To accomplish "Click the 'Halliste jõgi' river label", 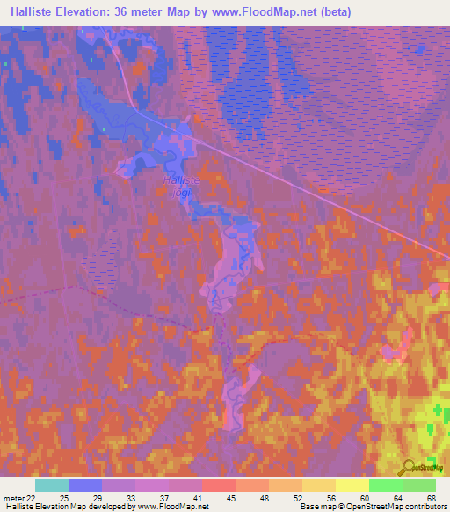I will pyautogui.click(x=182, y=185).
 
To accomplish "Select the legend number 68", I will pyautogui.click(x=431, y=498).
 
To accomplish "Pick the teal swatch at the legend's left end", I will pyautogui.click(x=52, y=486).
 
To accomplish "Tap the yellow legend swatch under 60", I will pyautogui.click(x=352, y=486).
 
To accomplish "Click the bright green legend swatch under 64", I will pyautogui.click(x=385, y=486).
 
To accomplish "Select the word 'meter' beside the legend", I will pyautogui.click(x=13, y=498).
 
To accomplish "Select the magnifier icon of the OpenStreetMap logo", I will pyautogui.click(x=408, y=467).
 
